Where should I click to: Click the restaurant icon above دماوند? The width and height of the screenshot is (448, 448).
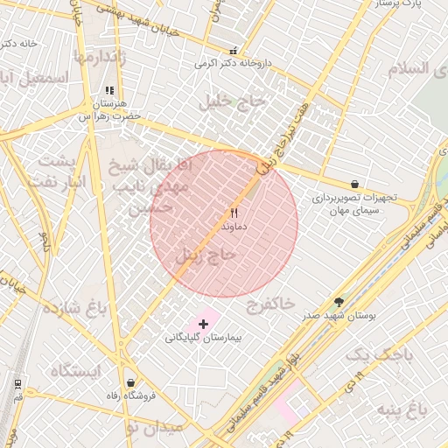click(x=234, y=213)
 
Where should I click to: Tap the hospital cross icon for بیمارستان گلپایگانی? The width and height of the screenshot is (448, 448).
click(x=204, y=324)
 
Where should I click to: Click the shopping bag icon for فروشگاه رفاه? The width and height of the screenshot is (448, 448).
click(x=131, y=382)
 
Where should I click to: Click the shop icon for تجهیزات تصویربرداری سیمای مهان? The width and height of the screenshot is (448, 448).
click(x=354, y=185)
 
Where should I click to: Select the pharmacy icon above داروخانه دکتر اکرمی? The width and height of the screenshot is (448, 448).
click(x=233, y=51)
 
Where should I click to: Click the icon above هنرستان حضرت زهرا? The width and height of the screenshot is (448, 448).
click(x=109, y=90)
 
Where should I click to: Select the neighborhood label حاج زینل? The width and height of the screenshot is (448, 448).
click(x=206, y=255)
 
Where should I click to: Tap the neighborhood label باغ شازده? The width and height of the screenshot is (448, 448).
click(x=73, y=308)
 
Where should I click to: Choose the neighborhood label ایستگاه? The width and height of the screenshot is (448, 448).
click(x=75, y=371)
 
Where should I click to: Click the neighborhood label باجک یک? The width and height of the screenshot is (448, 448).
click(x=377, y=354)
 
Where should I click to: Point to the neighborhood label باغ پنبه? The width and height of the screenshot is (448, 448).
click(x=402, y=409)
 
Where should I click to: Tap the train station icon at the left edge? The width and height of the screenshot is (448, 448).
click(x=17, y=383)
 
